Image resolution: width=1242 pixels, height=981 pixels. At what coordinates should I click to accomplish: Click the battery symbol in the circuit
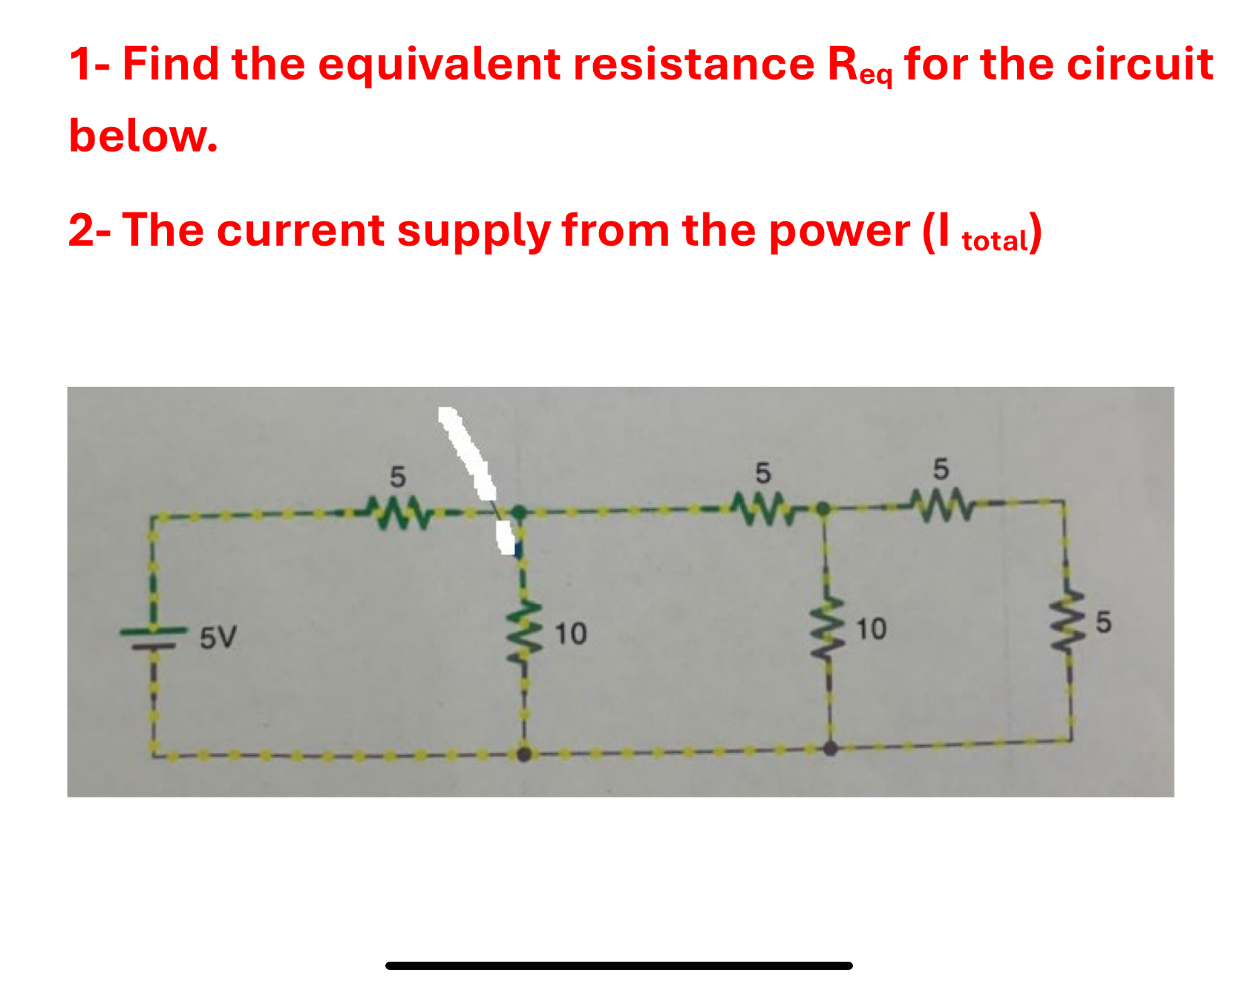tap(154, 638)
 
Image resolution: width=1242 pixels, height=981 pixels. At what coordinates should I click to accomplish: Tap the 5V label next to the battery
tap(218, 637)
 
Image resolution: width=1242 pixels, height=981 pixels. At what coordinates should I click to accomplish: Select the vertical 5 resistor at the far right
tap(1068, 622)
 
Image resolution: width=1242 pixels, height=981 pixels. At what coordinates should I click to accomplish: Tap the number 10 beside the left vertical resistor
tap(571, 633)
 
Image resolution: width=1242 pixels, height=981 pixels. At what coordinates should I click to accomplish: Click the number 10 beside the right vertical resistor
tap(871, 629)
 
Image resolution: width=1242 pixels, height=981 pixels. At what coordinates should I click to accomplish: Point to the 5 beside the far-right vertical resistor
tap(1103, 622)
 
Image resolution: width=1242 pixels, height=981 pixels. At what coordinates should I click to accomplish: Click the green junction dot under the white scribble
tap(519, 512)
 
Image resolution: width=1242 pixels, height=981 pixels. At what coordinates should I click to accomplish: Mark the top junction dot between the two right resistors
tap(823, 509)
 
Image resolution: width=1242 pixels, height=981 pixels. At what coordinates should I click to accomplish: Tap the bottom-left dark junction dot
tap(524, 755)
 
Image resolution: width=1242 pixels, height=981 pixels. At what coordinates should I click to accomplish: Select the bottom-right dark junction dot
tap(830, 748)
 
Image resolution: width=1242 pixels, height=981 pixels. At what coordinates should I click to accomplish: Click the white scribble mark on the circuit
tap(471, 460)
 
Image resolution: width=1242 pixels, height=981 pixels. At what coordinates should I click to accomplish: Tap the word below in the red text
tap(143, 136)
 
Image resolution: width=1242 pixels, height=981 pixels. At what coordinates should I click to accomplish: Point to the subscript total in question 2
tap(995, 241)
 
